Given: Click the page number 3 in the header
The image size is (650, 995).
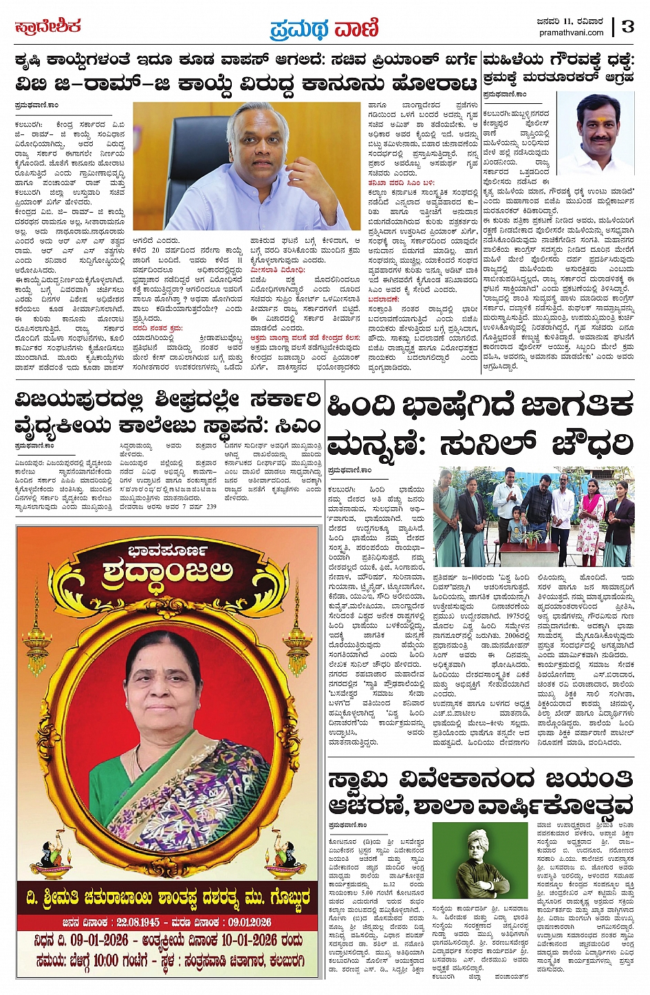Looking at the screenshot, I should coord(628,25).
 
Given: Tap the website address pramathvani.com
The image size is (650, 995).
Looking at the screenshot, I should coord(572,32).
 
